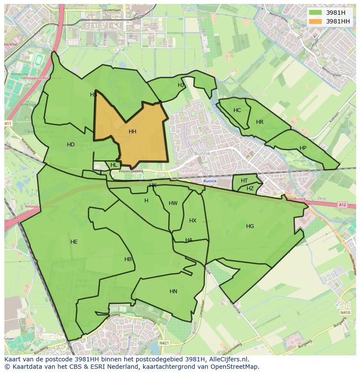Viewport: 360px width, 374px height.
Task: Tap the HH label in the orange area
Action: [x=133, y=132]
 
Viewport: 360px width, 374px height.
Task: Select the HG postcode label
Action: [x=250, y=226]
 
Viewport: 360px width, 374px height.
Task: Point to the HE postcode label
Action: [x=74, y=242]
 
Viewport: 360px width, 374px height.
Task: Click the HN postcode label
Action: [x=173, y=291]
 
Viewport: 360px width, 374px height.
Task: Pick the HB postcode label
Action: [x=128, y=260]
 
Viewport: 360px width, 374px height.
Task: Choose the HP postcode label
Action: [x=303, y=148]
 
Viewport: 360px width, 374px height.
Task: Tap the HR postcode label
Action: [x=260, y=122]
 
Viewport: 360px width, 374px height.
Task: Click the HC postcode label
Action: [x=237, y=110]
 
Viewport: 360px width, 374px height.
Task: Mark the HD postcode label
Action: [x=71, y=145]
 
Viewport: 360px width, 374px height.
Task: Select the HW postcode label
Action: [x=173, y=203]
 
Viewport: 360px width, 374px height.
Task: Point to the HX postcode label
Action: [x=193, y=221]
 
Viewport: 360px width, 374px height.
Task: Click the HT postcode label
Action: [x=244, y=181]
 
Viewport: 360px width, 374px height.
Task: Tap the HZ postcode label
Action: [x=250, y=189]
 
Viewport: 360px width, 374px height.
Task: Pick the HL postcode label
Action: [x=113, y=165]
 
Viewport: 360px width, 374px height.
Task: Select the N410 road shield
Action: [x=345, y=312]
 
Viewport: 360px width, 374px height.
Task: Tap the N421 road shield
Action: [x=164, y=343]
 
